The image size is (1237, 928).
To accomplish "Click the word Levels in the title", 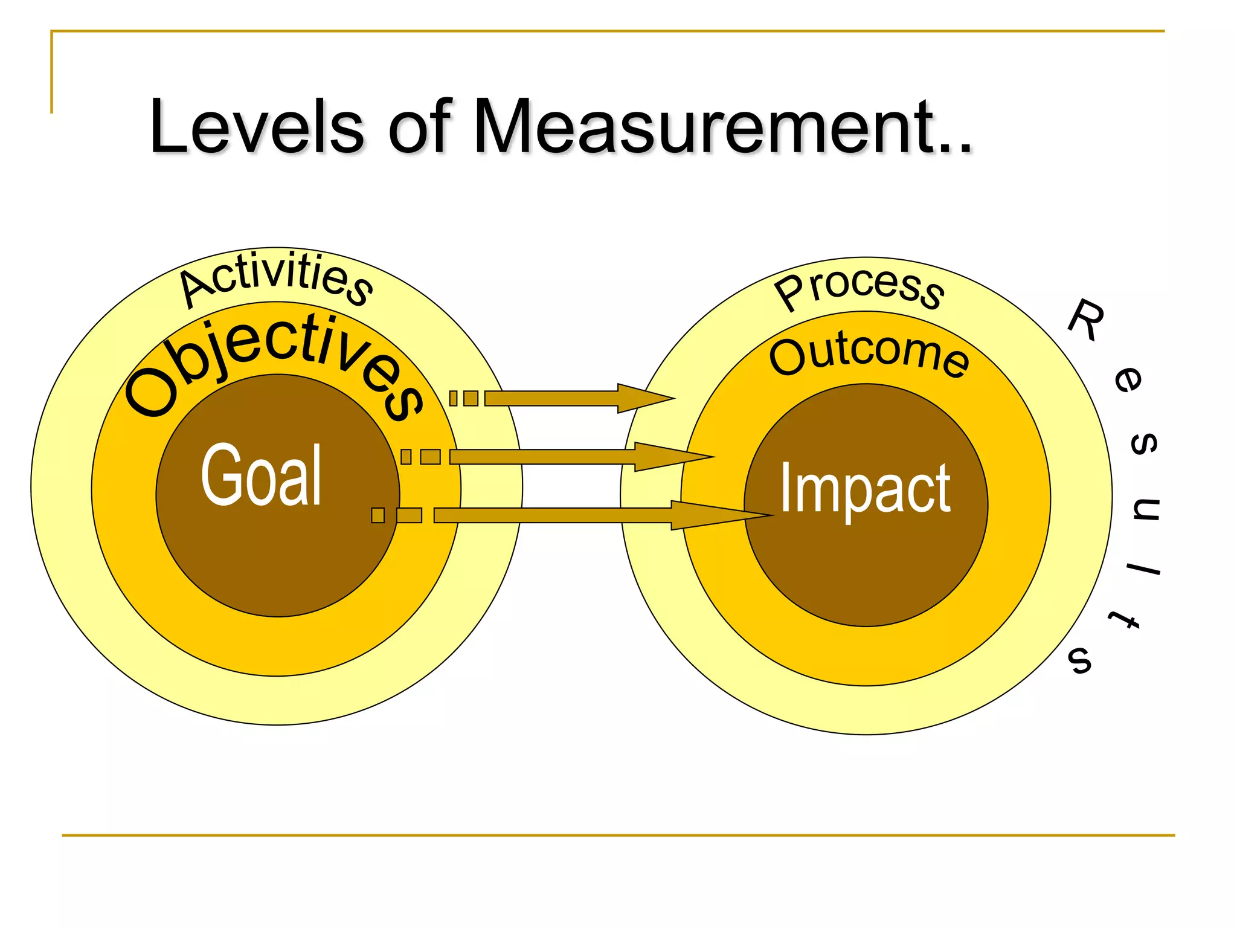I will (257, 127).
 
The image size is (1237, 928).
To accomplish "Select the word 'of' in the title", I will (419, 127).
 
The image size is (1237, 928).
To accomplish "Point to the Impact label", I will (865, 488).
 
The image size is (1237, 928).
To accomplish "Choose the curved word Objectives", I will (275, 366).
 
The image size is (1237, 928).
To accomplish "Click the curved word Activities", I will (277, 279).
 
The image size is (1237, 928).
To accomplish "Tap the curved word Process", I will (859, 288).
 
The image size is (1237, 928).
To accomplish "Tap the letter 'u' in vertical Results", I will (1145, 509).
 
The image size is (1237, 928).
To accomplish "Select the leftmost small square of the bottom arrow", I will (378, 515).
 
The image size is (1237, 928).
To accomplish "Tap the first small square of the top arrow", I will (453, 398).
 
